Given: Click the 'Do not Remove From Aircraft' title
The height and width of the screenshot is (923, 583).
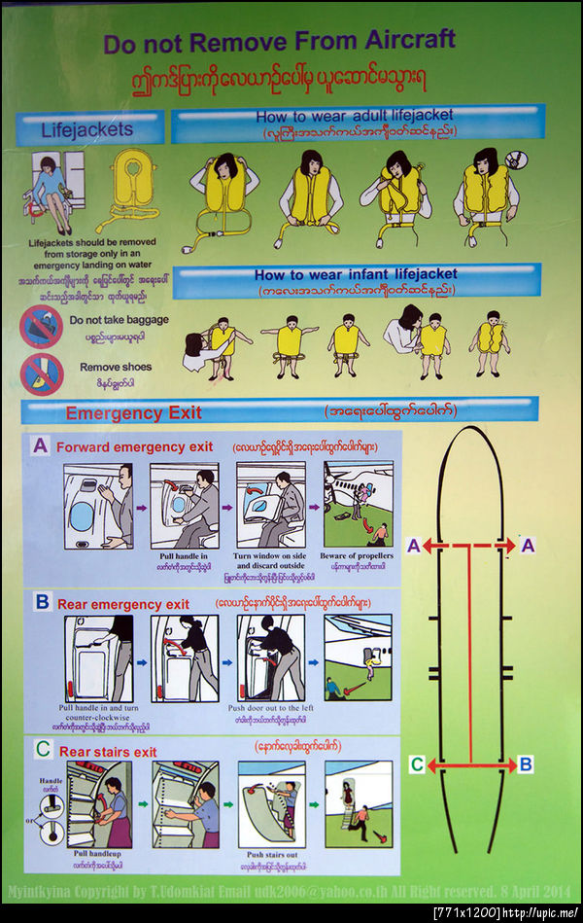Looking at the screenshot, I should point(279,42).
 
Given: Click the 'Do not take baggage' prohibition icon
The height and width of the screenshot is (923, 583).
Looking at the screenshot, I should point(41,326).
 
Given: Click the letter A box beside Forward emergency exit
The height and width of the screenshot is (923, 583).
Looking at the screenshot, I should point(40,445).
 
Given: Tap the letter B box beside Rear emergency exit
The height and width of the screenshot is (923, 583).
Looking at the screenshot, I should point(41,602).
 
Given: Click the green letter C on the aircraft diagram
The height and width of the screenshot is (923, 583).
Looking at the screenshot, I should point(416,765).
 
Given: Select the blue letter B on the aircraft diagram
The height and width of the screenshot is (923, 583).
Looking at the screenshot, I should point(526,765).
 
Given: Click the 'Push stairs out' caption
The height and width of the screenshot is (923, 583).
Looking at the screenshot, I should point(273,856).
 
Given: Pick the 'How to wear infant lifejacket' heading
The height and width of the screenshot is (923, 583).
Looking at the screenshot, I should point(356,275).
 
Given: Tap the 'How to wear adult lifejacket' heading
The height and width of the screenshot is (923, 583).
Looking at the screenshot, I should point(355,116).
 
